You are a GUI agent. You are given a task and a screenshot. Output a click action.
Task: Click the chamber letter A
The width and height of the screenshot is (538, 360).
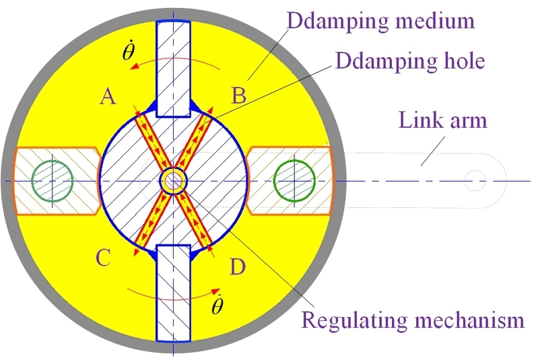click(x=107, y=98)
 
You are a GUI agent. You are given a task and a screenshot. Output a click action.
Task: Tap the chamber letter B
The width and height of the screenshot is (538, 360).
click(x=239, y=96)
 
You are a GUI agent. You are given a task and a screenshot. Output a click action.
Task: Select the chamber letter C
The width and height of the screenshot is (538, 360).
click(x=104, y=258)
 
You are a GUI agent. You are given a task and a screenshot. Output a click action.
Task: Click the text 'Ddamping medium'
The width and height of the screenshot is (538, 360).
click(x=381, y=20)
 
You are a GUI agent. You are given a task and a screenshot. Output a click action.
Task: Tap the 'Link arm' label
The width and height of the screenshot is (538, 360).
click(x=442, y=121)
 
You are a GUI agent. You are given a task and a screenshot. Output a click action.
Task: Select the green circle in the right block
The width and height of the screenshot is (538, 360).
click(x=295, y=180)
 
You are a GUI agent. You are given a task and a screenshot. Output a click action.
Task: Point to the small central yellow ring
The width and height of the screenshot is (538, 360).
click(x=174, y=180)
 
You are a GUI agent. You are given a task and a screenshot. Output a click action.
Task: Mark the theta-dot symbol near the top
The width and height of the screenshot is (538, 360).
click(x=129, y=54)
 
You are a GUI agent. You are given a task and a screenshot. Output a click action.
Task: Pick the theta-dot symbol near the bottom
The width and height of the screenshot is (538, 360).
click(x=217, y=306)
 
